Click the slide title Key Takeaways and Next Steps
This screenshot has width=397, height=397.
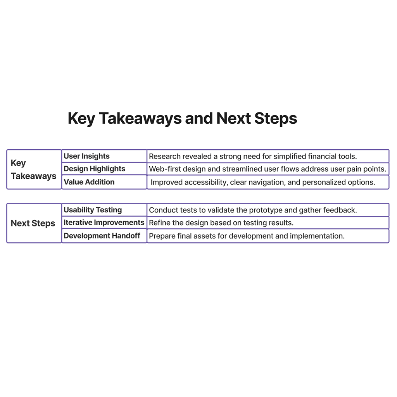[x=182, y=119]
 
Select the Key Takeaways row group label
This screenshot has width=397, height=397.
[x=34, y=169]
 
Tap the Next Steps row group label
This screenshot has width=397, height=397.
[x=33, y=223]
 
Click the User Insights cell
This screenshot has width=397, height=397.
[x=87, y=156]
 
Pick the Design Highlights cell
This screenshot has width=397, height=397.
[x=95, y=169]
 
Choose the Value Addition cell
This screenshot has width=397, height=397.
[x=89, y=182]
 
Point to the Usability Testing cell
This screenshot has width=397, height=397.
[x=93, y=210]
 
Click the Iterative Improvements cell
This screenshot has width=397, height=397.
[x=104, y=223]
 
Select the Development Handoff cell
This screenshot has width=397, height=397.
[x=102, y=236]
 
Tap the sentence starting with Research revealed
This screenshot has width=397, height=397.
[x=253, y=157]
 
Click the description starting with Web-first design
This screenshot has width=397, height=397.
[x=268, y=169]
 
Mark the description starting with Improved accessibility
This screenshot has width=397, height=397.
[x=263, y=182]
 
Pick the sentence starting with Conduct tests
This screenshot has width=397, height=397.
[x=253, y=210]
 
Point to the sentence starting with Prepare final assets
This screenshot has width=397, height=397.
[x=247, y=236]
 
